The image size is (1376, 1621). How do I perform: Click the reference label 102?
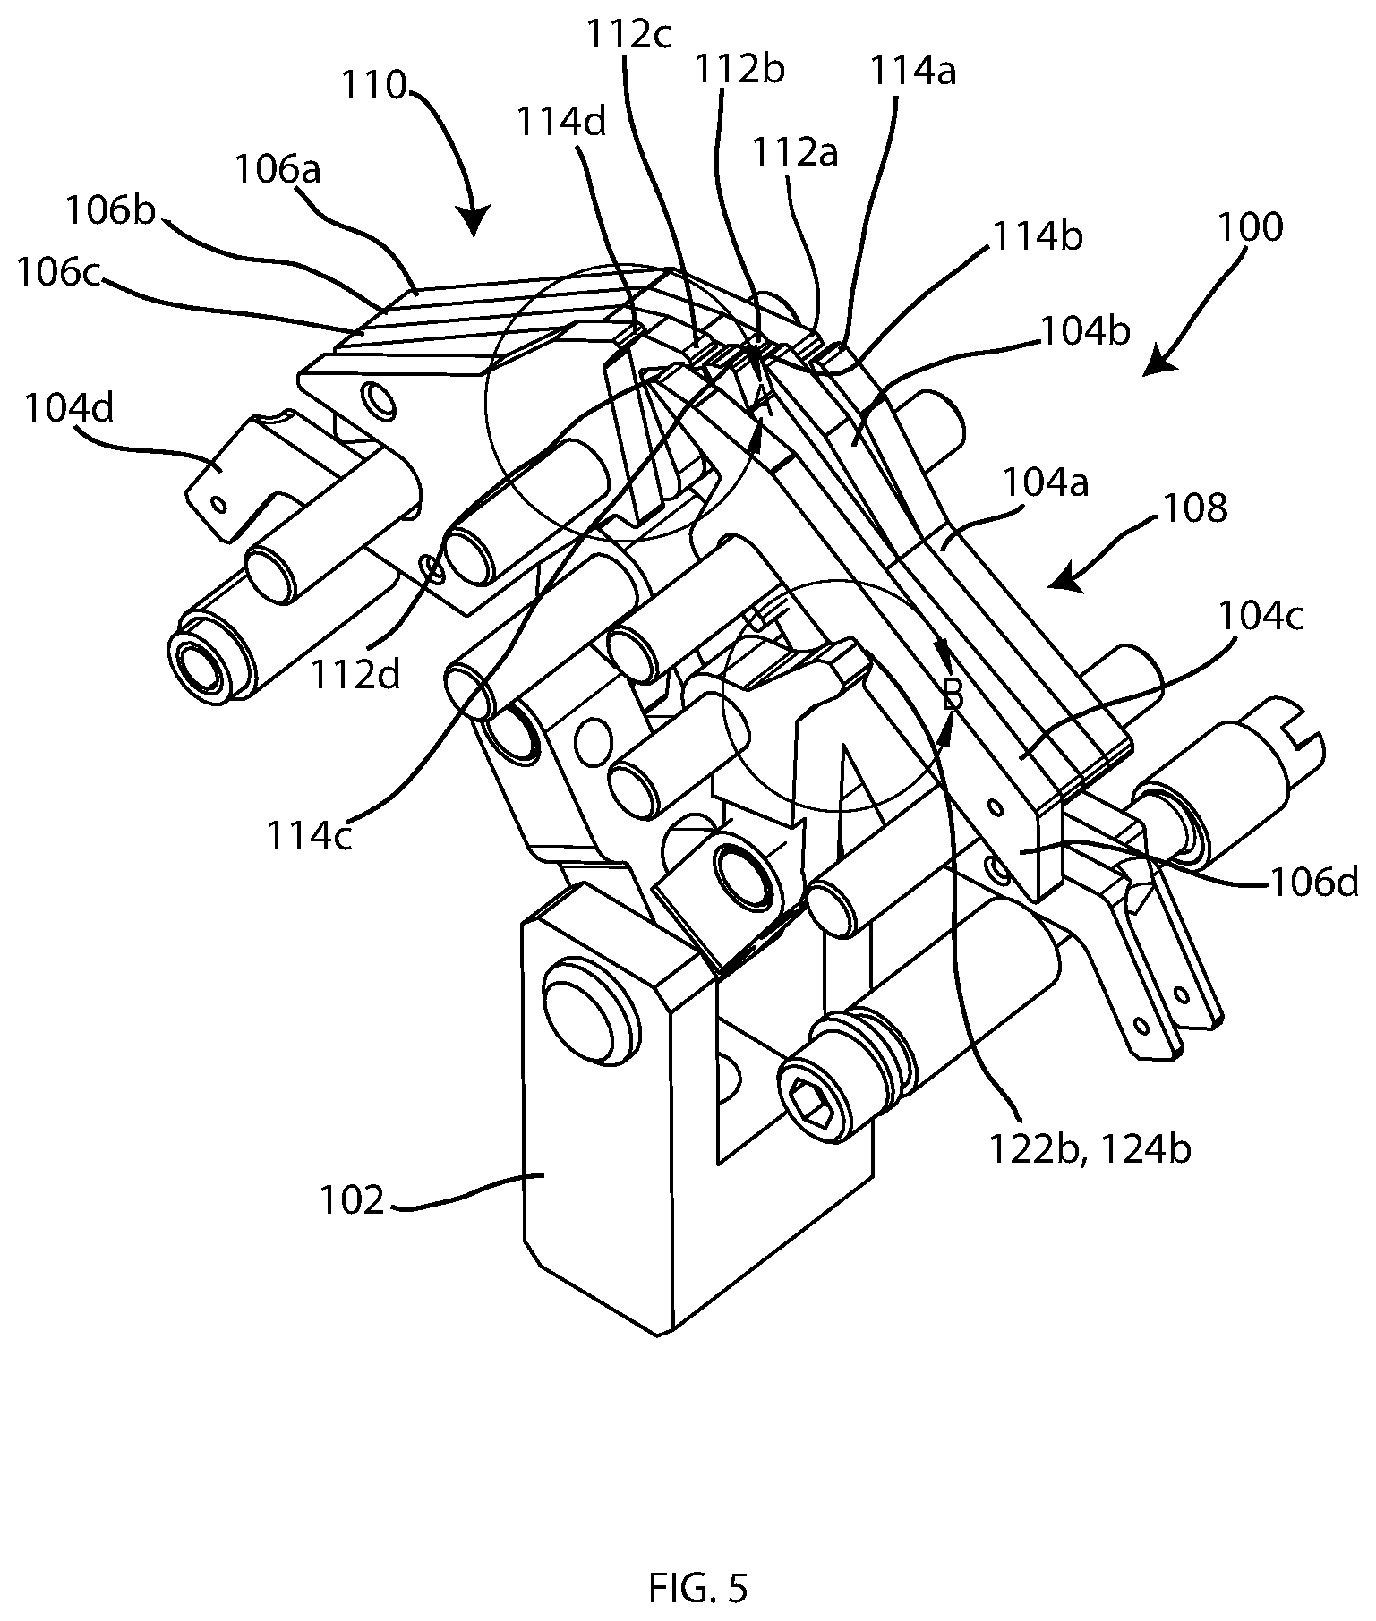[x=353, y=1199]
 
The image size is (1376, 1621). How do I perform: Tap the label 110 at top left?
[x=373, y=86]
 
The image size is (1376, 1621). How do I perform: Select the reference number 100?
[x=1250, y=227]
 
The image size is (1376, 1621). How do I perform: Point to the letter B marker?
[x=953, y=694]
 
